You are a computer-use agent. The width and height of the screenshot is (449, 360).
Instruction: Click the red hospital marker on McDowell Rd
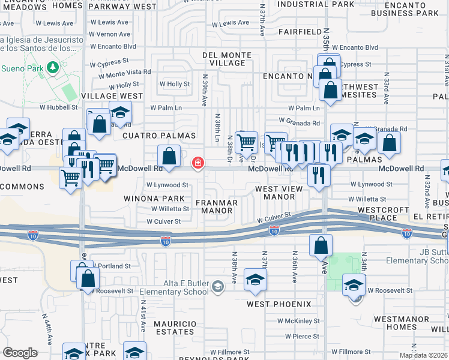click(197, 163)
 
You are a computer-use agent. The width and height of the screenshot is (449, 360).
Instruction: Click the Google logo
click(20, 353)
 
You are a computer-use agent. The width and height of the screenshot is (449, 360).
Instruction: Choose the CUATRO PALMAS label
click(151, 136)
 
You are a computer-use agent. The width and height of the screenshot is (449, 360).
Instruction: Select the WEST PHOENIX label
click(279, 304)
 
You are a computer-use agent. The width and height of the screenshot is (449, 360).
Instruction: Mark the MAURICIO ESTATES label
click(175, 328)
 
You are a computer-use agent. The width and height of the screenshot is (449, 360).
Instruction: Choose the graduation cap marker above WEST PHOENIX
click(256, 280)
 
